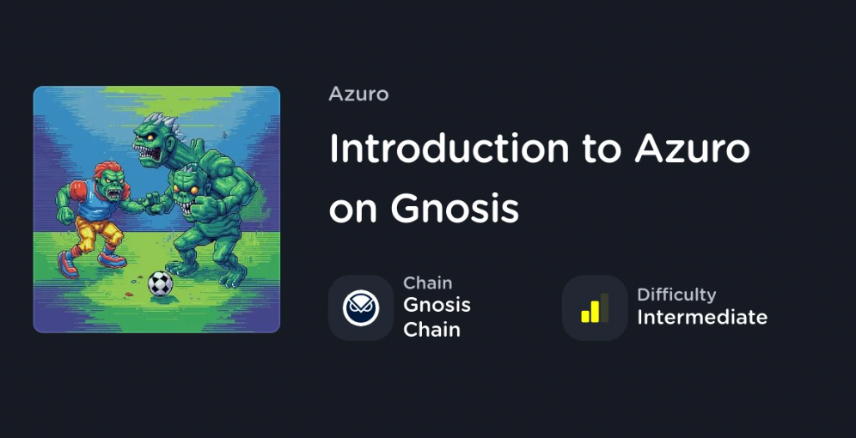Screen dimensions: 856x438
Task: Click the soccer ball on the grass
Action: click(161, 283)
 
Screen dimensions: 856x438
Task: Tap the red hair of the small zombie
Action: click(107, 170)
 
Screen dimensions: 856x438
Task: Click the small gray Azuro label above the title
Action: click(358, 94)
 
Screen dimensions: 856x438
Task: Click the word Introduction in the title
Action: click(449, 148)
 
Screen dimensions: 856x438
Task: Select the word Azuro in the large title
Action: click(692, 148)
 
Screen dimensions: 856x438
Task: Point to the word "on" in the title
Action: click(352, 210)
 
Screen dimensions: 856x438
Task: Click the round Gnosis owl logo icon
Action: click(360, 308)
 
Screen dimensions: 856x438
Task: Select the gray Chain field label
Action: click(427, 283)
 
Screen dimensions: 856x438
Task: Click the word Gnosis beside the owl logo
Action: click(437, 305)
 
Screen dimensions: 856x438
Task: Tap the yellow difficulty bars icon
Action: click(595, 308)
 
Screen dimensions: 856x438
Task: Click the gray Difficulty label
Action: click(676, 295)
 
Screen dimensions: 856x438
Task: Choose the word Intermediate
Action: click(702, 317)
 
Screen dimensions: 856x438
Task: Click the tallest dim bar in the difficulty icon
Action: click(604, 307)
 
